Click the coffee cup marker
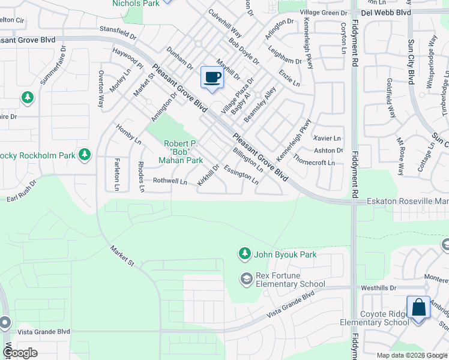click(212, 78)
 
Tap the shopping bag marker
click(418, 308)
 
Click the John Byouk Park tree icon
click(244, 254)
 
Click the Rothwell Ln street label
click(170, 181)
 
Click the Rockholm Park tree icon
click(85, 155)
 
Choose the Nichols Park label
click(127, 3)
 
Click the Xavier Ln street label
click(327, 139)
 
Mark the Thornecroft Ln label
click(314, 162)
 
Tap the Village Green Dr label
click(324, 12)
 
